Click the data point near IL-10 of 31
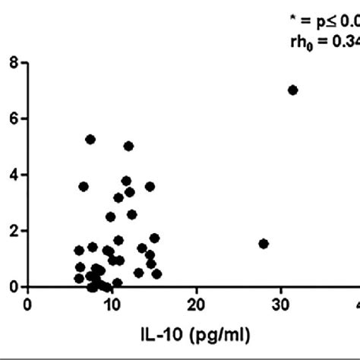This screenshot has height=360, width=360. [x=292, y=90]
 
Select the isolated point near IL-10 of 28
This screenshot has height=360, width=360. [x=264, y=244]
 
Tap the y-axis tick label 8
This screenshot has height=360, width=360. [x=14, y=63]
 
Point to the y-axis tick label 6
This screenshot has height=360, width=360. [x=14, y=119]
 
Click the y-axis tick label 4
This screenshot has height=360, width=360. [x=14, y=175]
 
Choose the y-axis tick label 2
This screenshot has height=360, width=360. [x=14, y=231]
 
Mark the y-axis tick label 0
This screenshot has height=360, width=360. [x=14, y=286]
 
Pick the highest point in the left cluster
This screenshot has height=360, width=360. [x=90, y=139]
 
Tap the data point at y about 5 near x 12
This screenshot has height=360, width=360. [x=128, y=146]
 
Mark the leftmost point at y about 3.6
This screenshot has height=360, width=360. [x=84, y=186]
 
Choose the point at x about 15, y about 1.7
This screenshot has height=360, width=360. [x=154, y=238]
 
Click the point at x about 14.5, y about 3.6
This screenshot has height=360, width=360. [x=150, y=186]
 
